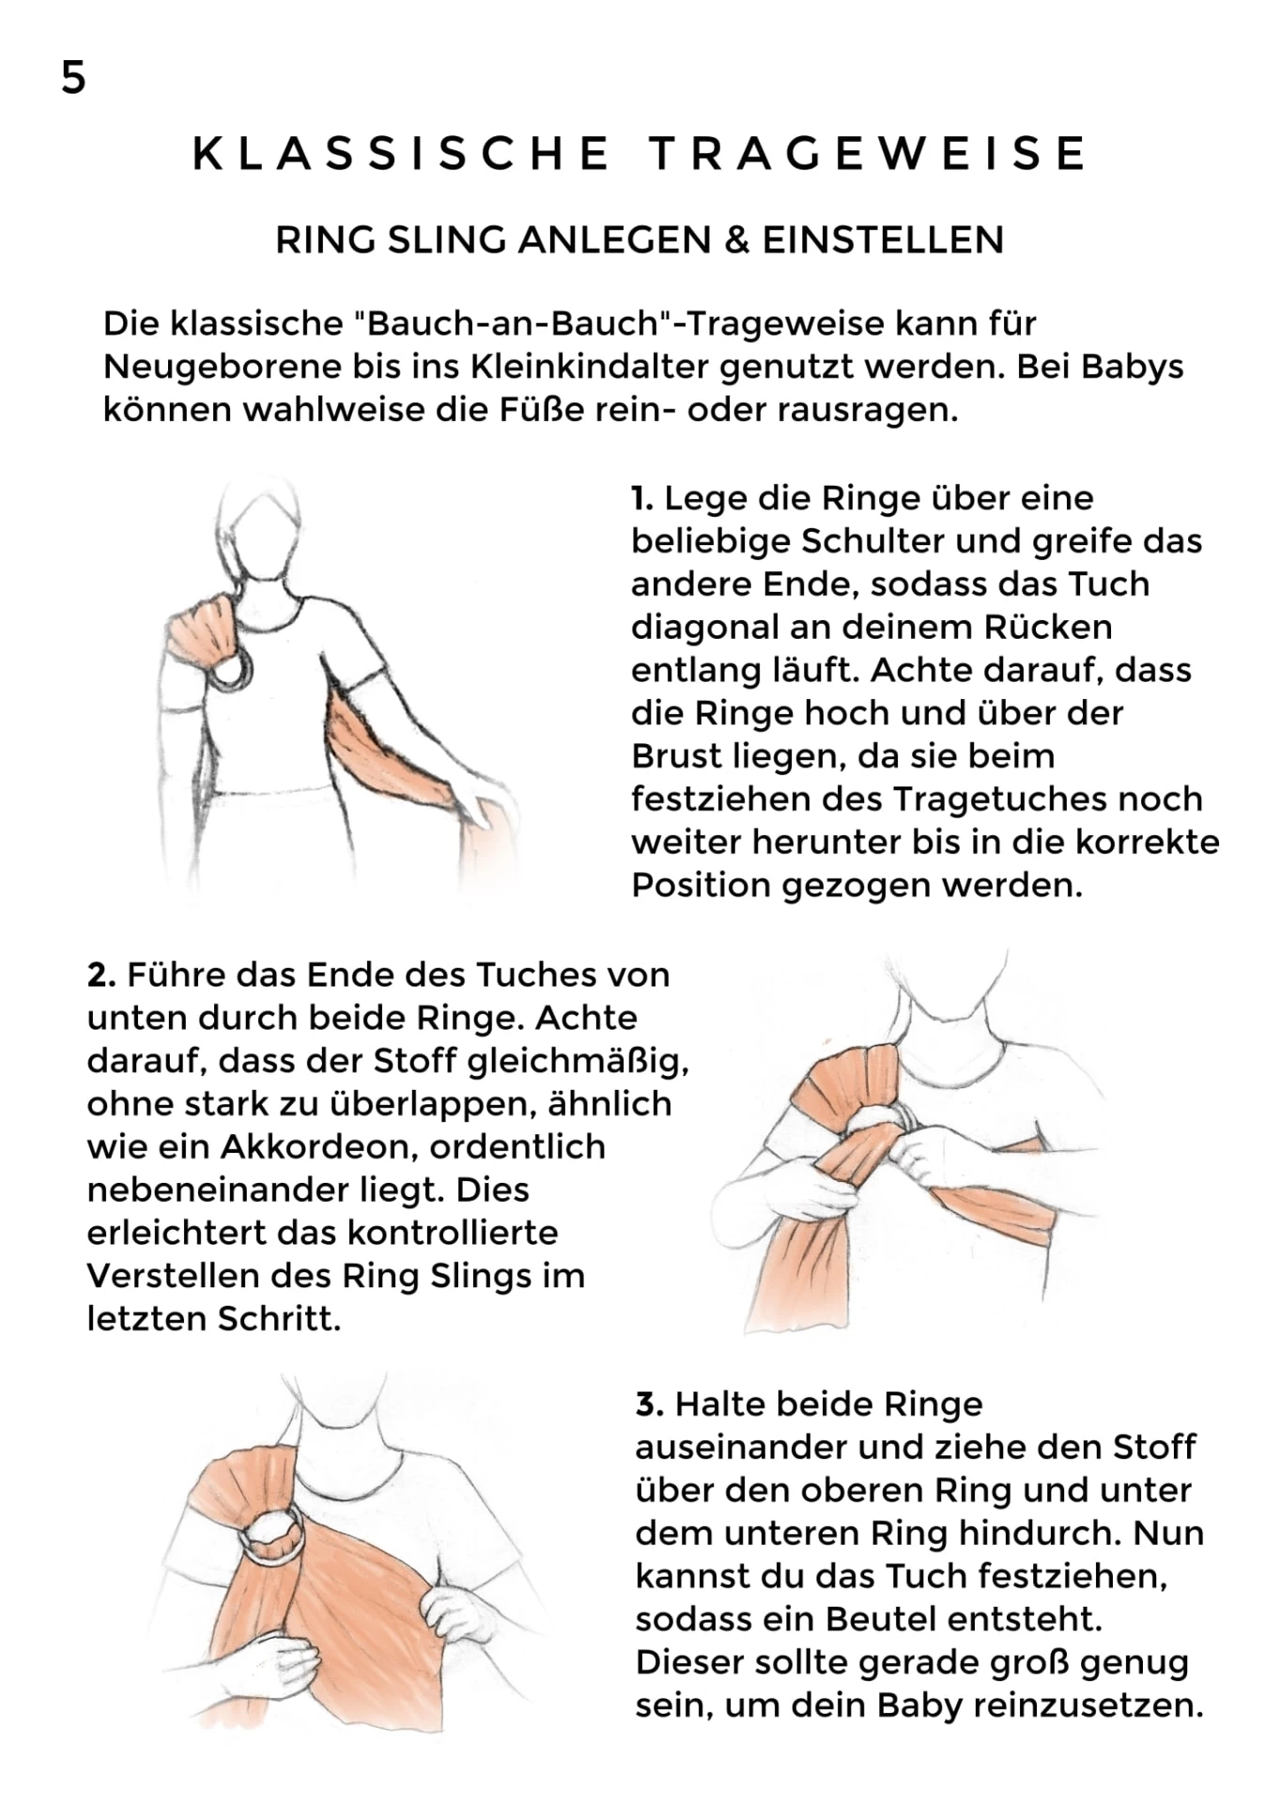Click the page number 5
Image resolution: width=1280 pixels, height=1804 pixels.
[73, 78]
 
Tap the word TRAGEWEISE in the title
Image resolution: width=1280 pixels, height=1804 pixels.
[869, 154]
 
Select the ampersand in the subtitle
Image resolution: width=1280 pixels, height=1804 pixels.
[737, 241]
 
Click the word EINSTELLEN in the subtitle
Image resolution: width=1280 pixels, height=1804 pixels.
[883, 241]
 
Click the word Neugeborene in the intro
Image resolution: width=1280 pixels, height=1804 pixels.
[222, 366]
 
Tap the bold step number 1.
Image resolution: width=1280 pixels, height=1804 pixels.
[641, 498]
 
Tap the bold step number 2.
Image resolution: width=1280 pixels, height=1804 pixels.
[100, 975]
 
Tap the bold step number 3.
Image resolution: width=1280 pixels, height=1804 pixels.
[649, 1405]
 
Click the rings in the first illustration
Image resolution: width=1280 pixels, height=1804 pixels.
[231, 670]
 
